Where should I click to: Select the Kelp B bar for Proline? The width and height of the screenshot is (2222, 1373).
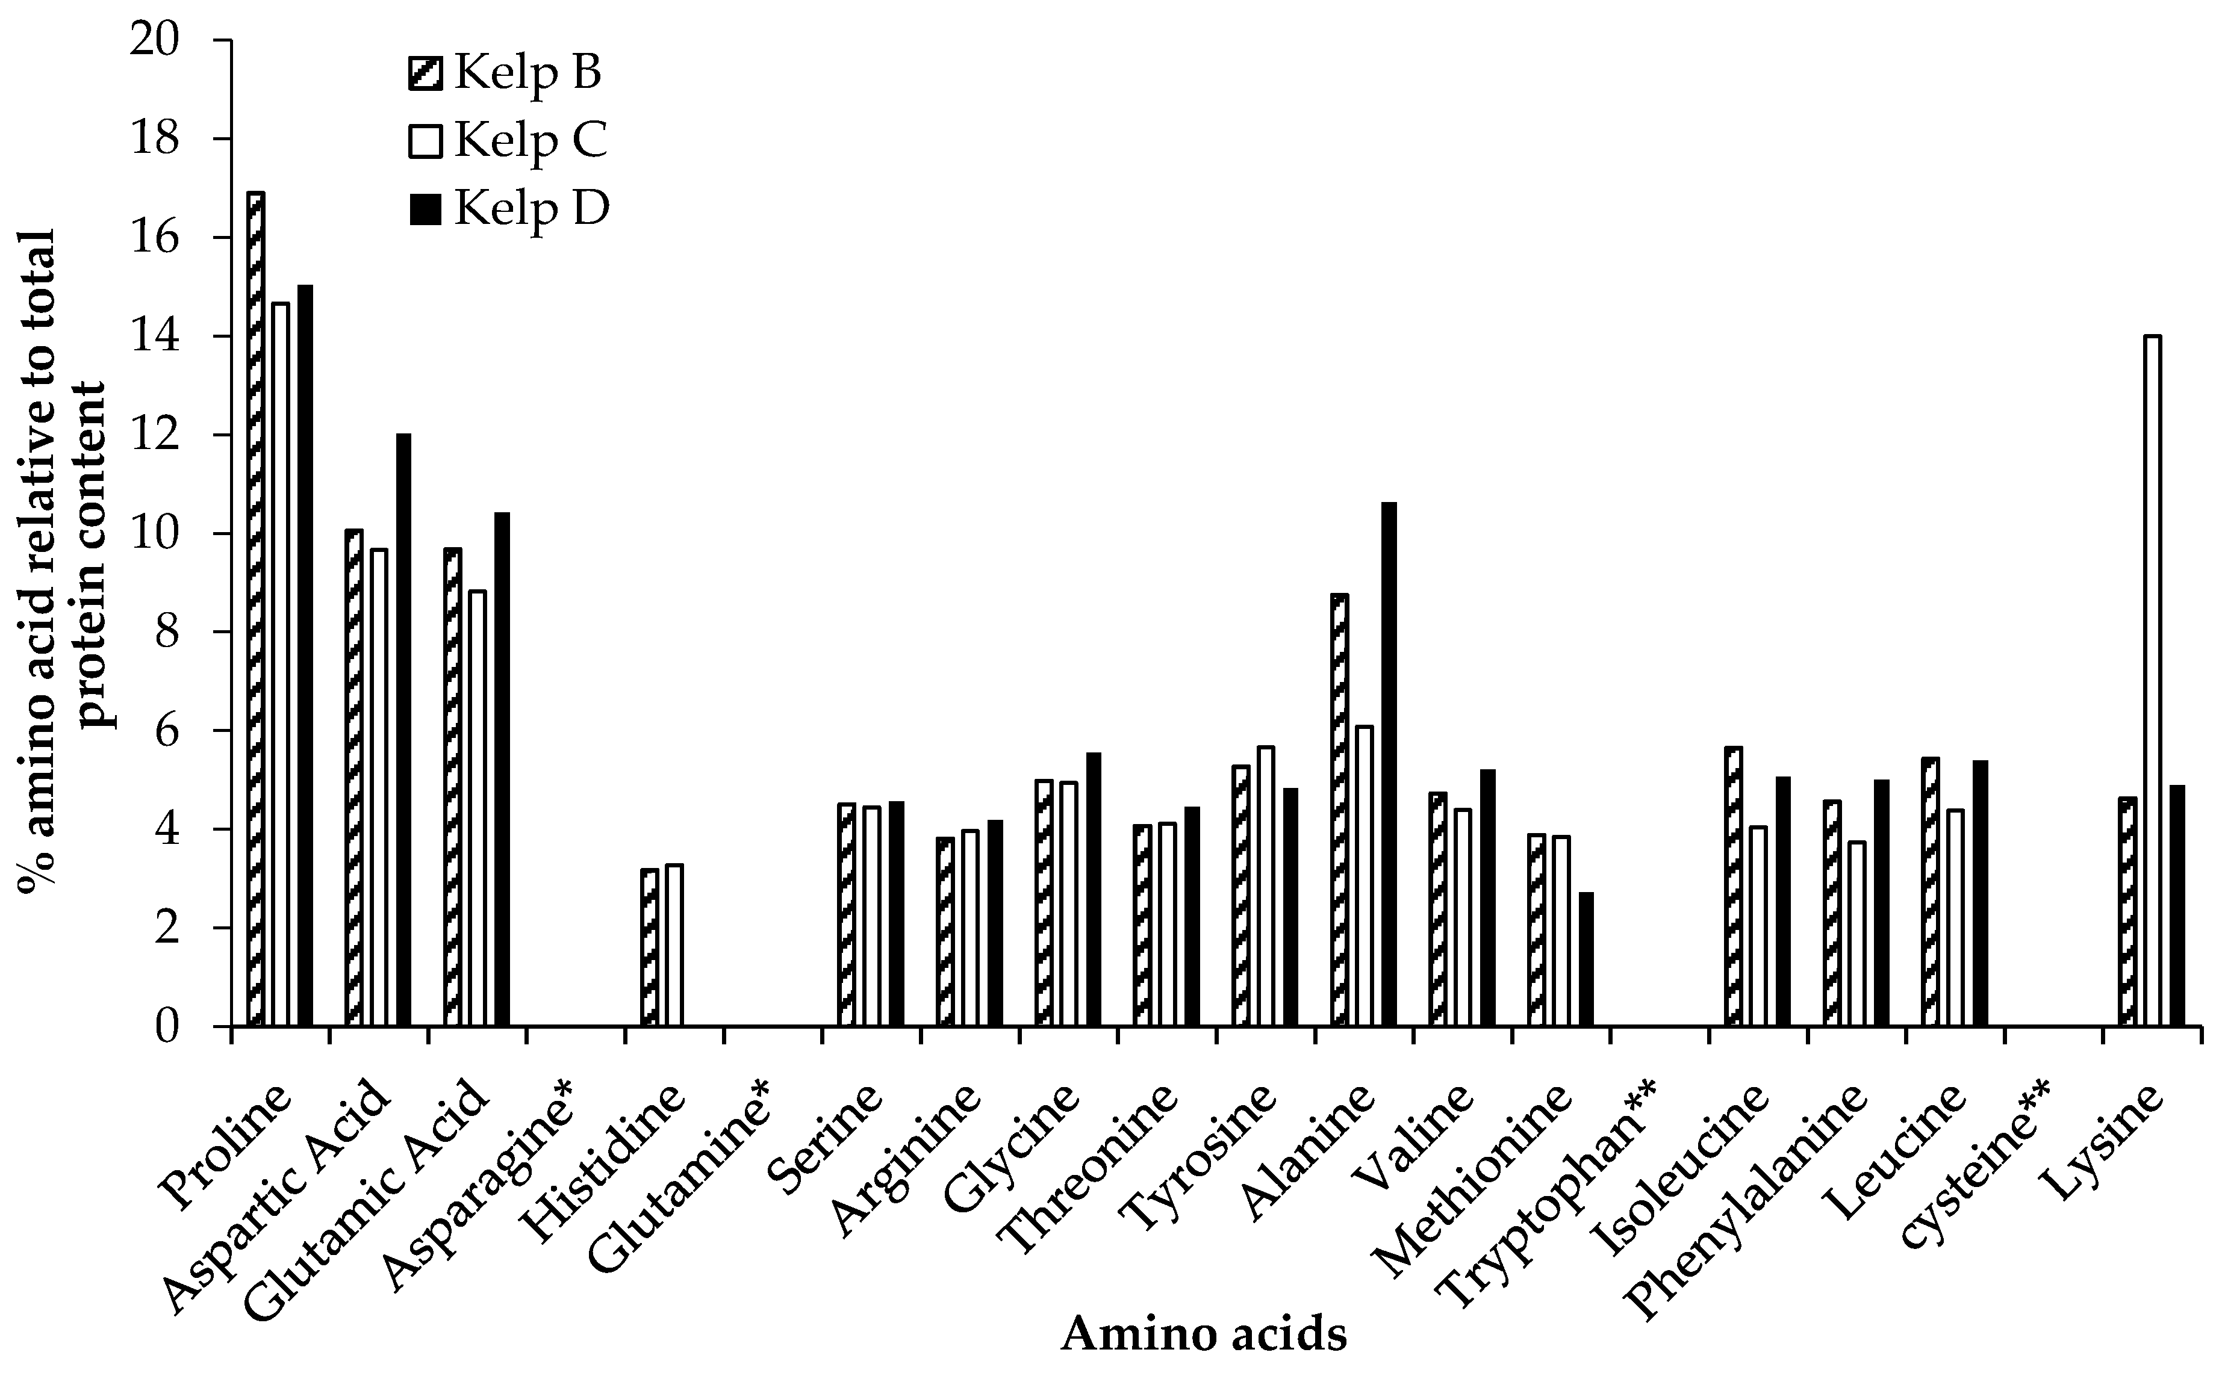pos(255,609)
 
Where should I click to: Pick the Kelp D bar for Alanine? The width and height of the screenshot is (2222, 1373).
pos(1389,764)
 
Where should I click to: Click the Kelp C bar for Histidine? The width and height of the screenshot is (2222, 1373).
pos(674,945)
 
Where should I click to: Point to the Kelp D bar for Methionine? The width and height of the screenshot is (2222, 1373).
pos(1586,960)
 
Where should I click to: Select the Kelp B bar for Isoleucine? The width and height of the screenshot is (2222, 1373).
pos(1733,887)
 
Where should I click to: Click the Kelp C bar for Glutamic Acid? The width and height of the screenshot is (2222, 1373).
pos(477,808)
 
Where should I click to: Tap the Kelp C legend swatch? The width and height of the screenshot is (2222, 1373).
pos(425,141)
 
